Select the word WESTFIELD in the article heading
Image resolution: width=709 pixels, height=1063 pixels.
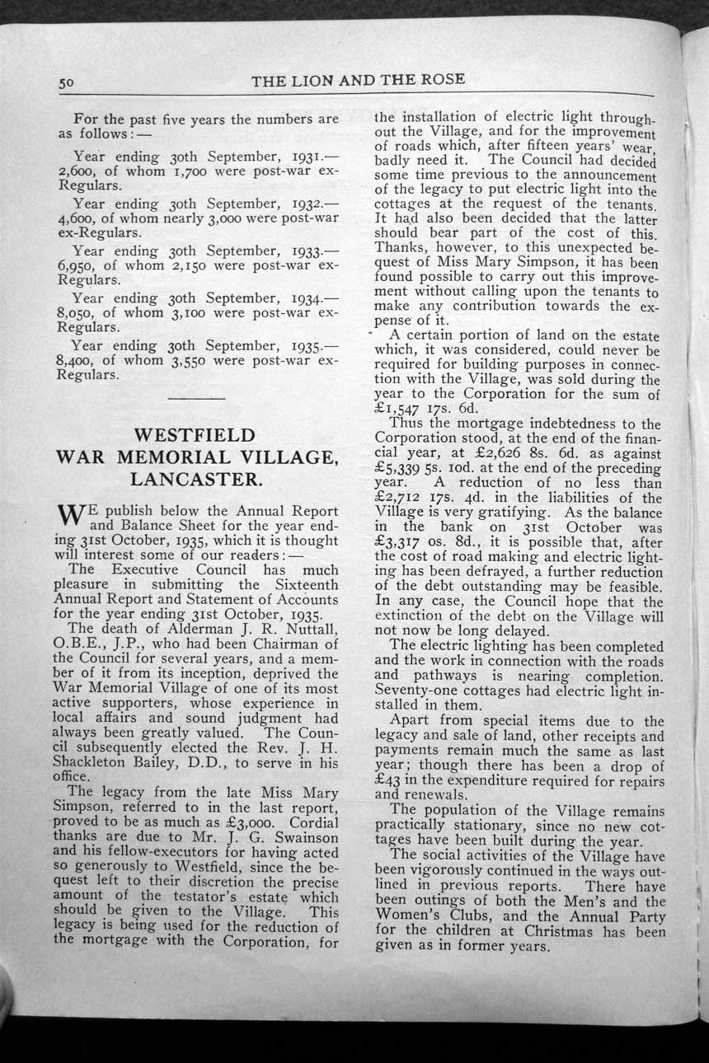pos(195,434)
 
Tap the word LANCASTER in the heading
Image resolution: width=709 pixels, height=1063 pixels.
pos(195,479)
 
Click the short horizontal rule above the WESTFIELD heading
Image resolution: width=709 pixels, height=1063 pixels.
pos(195,399)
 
